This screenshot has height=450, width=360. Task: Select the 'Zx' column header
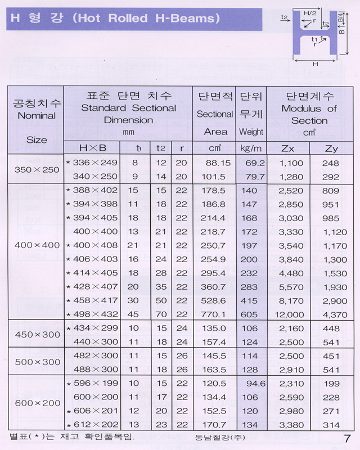tap(287, 148)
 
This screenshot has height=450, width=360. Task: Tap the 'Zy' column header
tap(332, 148)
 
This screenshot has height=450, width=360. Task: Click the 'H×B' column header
tap(92, 148)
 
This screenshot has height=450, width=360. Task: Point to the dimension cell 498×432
tap(95, 314)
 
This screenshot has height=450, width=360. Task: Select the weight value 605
tap(250, 314)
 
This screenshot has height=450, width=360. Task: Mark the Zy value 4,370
tap(335, 314)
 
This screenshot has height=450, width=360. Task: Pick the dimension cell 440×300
tap(96, 341)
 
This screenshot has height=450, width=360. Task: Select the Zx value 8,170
tap(291, 301)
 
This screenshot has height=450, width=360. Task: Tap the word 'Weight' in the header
tap(251, 132)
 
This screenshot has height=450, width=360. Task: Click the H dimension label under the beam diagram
tap(315, 64)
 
